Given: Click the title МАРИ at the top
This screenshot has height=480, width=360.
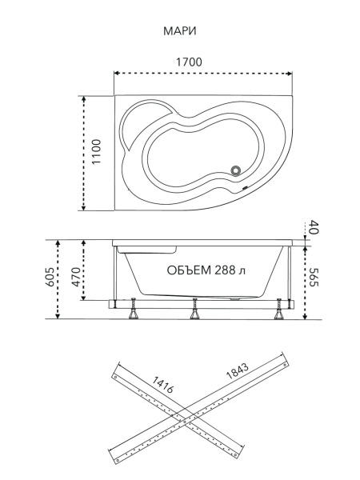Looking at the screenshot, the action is coord(180,31).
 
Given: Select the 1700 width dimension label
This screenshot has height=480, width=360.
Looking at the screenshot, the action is coord(189,62).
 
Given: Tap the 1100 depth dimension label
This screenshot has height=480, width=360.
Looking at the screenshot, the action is coord(96,151).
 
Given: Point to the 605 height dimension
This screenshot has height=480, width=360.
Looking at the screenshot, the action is coord(50,277).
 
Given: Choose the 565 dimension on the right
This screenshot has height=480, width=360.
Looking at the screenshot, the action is coord(314,277).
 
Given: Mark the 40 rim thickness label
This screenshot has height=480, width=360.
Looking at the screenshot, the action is coord(314,227).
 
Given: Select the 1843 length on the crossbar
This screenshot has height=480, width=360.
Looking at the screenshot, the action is coord(237,371).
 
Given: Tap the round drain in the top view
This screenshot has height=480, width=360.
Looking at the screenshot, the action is coord(236,170).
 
